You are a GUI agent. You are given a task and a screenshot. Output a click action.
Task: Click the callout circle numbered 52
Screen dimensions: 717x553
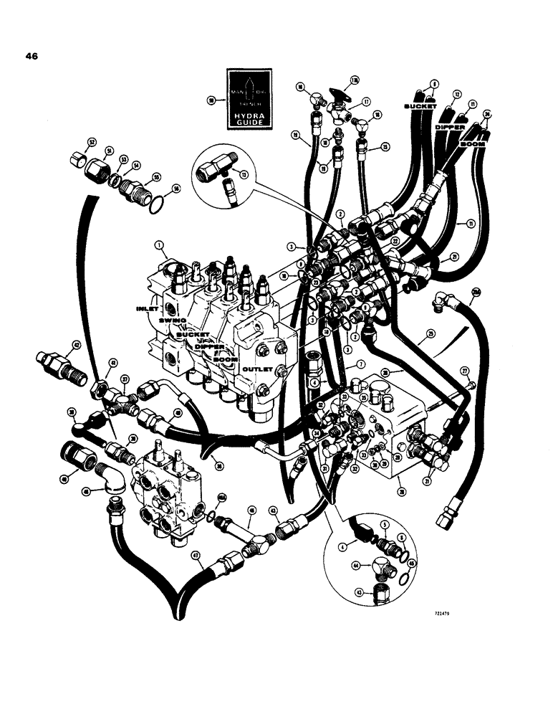92,142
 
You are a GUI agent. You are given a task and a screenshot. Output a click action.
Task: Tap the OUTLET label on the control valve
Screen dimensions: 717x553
256,370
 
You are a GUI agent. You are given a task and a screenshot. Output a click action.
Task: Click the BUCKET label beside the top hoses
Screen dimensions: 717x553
420,105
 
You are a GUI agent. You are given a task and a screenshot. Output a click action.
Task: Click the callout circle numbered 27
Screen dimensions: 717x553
464,371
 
